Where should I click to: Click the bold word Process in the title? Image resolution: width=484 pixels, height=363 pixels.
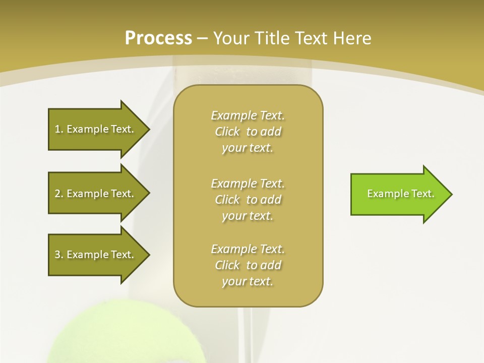click(x=158, y=38)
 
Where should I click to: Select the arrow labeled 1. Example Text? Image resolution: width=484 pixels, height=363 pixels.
click(x=96, y=129)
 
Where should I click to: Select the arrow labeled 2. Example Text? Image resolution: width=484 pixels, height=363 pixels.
click(x=96, y=194)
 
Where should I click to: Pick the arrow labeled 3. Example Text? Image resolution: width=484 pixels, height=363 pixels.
click(x=96, y=255)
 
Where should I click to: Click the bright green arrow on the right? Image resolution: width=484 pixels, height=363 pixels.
click(x=398, y=194)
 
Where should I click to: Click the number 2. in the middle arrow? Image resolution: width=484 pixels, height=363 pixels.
click(x=58, y=194)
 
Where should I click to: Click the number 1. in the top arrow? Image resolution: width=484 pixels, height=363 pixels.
click(x=58, y=129)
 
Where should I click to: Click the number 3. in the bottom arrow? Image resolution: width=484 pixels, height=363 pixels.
click(x=58, y=255)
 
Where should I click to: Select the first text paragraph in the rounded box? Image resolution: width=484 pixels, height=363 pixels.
click(x=248, y=132)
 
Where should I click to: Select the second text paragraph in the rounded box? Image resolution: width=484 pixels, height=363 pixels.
click(x=248, y=200)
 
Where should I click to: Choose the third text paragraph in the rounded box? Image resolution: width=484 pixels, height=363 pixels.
click(x=248, y=265)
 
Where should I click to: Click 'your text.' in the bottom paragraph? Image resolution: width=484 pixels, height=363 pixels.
click(x=248, y=281)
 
